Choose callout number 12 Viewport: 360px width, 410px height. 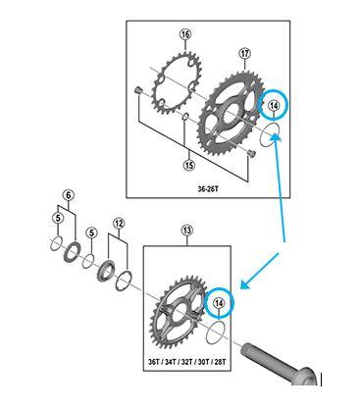click(x=119, y=224)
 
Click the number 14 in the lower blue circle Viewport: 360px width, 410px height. click(x=219, y=305)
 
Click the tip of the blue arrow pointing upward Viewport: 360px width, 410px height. click(x=278, y=138)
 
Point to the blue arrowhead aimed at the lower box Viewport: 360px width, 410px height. click(x=244, y=286)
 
